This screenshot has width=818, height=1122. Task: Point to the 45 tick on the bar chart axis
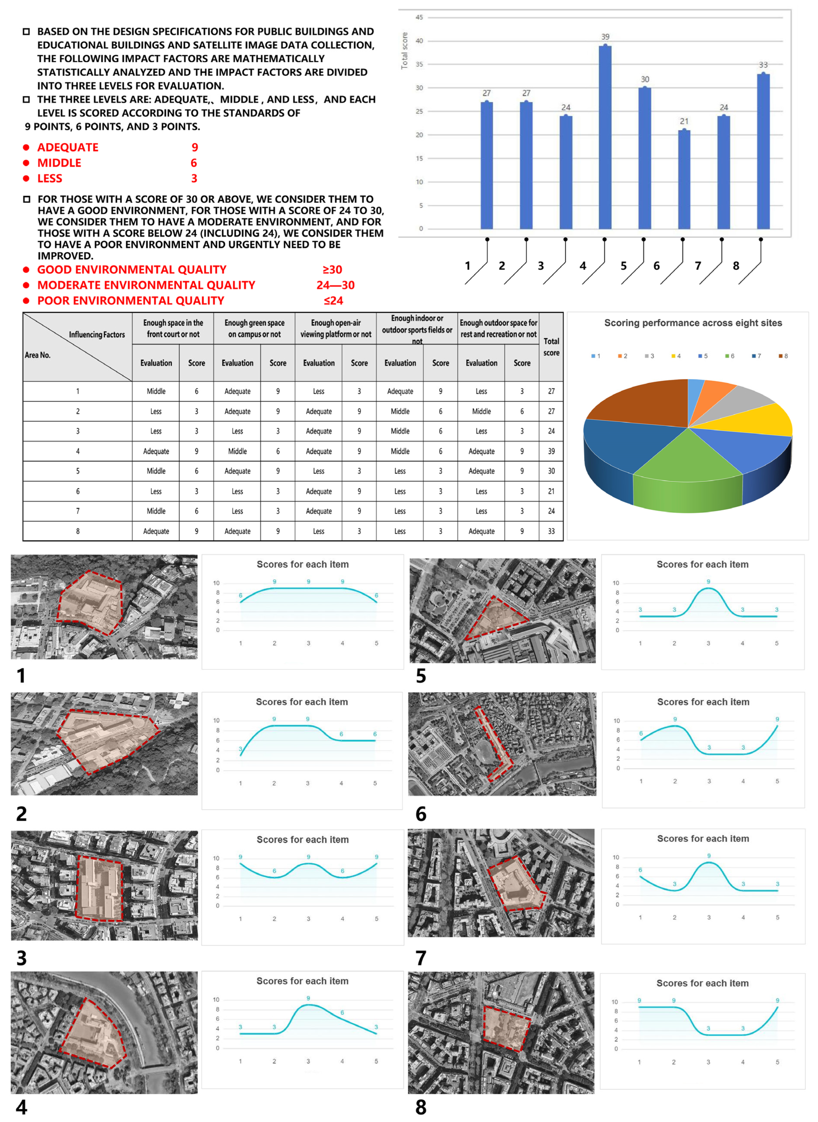(x=419, y=17)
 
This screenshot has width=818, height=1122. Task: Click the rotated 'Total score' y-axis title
(x=405, y=51)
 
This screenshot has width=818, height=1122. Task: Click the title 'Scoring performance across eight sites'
(x=693, y=323)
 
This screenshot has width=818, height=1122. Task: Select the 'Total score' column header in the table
(x=551, y=347)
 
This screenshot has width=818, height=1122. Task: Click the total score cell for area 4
(x=551, y=451)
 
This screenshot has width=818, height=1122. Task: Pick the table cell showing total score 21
(x=551, y=491)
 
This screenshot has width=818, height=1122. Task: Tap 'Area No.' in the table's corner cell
(x=38, y=355)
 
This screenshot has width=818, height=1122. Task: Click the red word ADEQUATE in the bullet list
(x=68, y=147)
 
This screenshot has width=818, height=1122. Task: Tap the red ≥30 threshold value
(x=332, y=270)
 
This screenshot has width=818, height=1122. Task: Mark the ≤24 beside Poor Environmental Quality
(x=333, y=301)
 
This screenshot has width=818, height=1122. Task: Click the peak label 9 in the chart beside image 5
(x=708, y=582)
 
